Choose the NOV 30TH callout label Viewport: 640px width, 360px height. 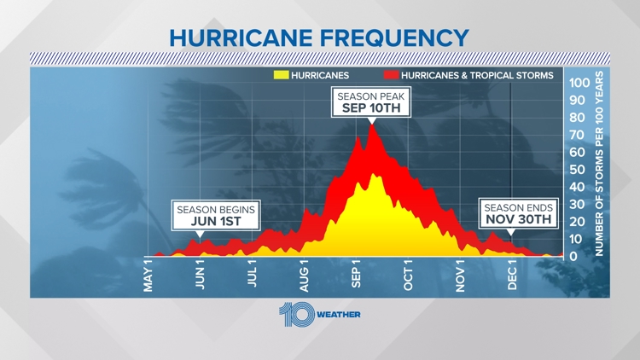pyautogui.click(x=519, y=218)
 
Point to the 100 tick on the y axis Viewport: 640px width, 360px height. pyautogui.click(x=579, y=83)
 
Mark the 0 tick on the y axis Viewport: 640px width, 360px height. pyautogui.click(x=574, y=256)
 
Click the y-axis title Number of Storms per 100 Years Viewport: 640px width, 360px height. pyautogui.click(x=599, y=164)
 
